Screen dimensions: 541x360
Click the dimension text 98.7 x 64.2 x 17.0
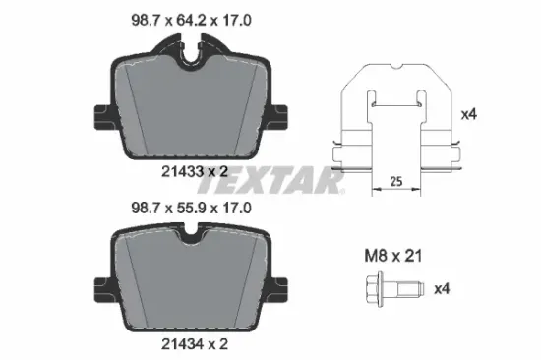pos(191,21)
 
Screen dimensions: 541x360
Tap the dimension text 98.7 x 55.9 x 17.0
pos(191,209)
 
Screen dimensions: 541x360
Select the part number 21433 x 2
pos(195,171)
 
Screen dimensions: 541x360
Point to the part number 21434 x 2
pos(195,344)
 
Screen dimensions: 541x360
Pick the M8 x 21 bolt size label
pos(393,256)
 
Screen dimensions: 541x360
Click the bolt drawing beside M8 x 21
pos(394,289)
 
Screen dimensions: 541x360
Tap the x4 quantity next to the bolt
pos(442,288)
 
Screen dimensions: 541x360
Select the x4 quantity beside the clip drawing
pos(469,114)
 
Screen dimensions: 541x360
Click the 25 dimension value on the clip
pos(396,181)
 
